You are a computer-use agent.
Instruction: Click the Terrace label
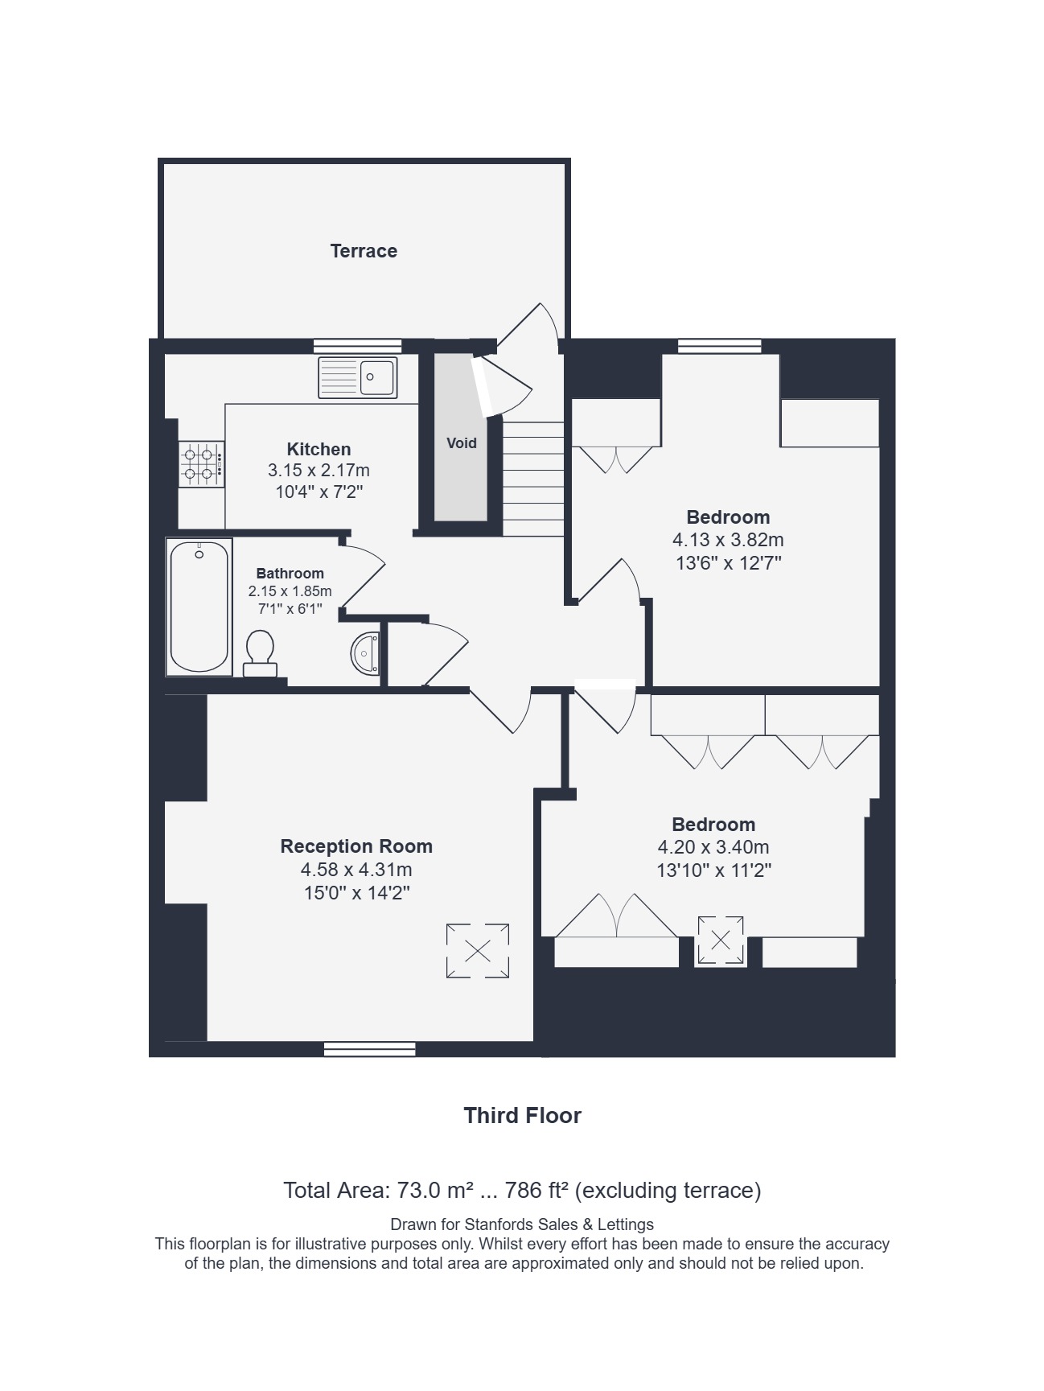[364, 251]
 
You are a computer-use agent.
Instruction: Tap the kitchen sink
[358, 377]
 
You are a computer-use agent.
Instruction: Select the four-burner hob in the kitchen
[201, 464]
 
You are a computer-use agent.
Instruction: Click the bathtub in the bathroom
[199, 607]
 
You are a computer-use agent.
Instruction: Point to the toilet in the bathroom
[260, 653]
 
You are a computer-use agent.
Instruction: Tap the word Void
[462, 443]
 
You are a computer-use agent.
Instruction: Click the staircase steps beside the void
[533, 478]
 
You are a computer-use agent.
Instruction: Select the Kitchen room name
[319, 449]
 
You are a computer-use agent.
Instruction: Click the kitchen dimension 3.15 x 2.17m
[319, 470]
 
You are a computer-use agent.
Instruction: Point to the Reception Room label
[356, 846]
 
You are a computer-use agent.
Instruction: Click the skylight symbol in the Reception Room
[478, 951]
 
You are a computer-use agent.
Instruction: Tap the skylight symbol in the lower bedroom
[721, 939]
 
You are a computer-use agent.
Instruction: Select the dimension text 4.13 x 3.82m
[729, 540]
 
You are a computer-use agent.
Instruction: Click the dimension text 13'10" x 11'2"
[714, 870]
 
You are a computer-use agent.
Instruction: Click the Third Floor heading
[522, 1115]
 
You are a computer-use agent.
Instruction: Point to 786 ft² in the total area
[537, 1190]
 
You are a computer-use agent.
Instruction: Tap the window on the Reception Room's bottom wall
[370, 1049]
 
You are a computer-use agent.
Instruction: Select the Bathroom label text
[290, 574]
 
